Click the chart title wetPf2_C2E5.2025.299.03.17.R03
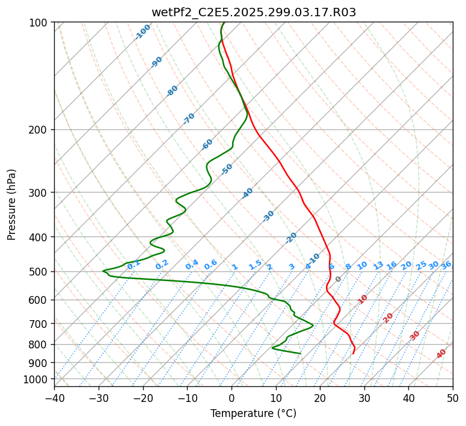tap(253, 12)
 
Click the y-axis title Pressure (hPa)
tap(12, 204)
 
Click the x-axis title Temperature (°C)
tap(253, 413)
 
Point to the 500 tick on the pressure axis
tap(40, 272)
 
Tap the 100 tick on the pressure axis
tap(40, 22)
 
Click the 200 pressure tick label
tap(40, 130)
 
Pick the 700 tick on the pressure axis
tap(40, 324)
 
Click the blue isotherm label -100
tap(143, 31)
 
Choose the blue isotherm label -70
tap(189, 119)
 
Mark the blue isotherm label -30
tap(268, 216)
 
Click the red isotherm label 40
tap(441, 354)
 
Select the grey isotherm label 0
tap(339, 279)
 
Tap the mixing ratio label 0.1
tap(133, 264)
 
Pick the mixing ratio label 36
tap(446, 265)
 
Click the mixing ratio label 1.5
tap(255, 264)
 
